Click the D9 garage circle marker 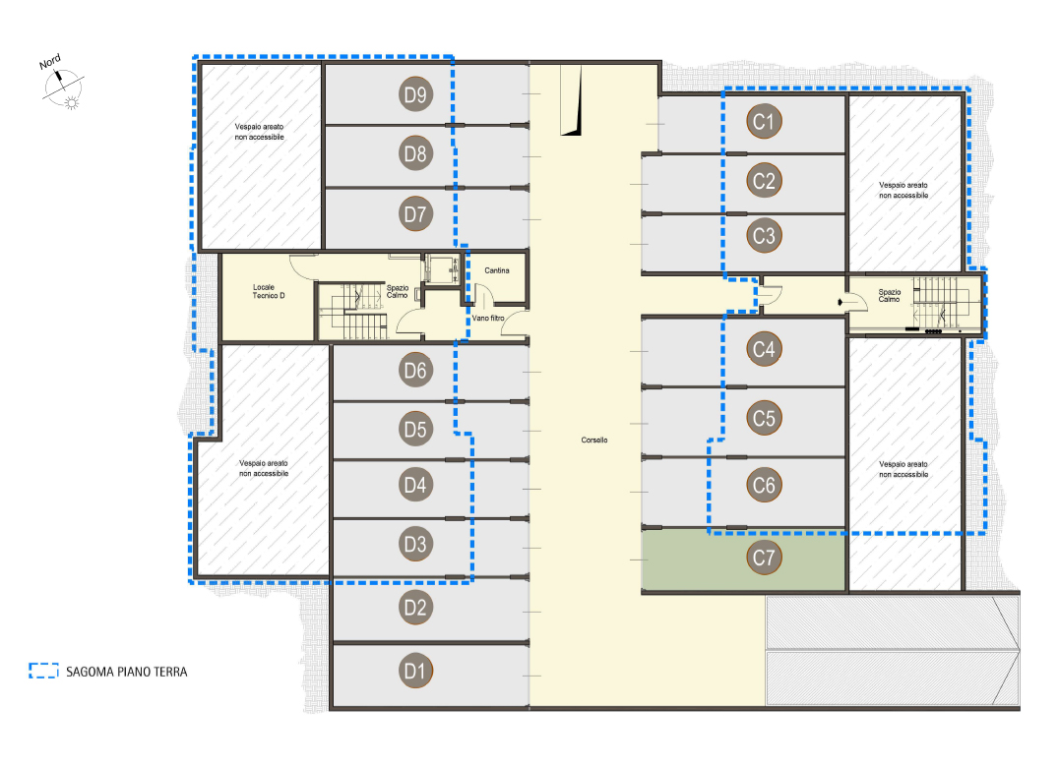point(415,94)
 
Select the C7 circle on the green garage point(764,558)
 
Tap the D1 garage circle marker point(415,671)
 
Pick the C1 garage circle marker point(764,121)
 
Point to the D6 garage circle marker point(415,370)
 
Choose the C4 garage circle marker point(764,349)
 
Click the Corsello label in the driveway point(594,440)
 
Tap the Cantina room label point(497,270)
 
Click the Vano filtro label point(488,318)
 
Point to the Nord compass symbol point(63,86)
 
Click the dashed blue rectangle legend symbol point(44,670)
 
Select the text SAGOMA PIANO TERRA point(127,672)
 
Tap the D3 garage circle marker point(415,544)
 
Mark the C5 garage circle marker point(764,418)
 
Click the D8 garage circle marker point(415,153)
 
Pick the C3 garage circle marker point(764,235)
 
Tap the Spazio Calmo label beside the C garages point(890,295)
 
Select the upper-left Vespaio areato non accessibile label point(260,132)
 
